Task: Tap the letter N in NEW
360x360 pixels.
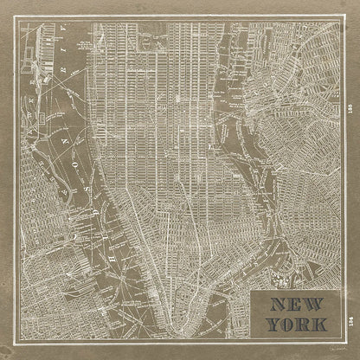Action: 274,305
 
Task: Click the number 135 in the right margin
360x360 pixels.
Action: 347,108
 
